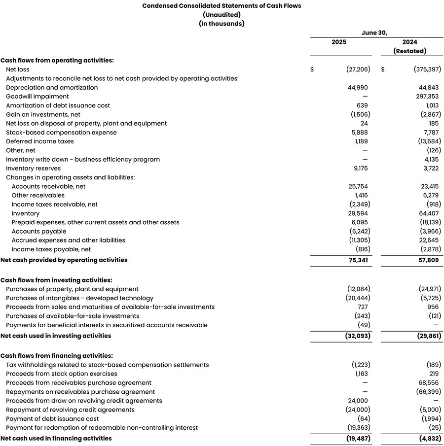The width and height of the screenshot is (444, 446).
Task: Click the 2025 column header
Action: tap(338, 42)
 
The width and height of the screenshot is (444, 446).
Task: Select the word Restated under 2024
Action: tap(409, 51)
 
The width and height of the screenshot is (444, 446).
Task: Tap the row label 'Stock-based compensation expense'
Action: tap(61, 133)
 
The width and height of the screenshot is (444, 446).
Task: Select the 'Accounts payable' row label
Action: tap(39, 231)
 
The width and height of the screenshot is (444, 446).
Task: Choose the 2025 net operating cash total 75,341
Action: tap(358, 260)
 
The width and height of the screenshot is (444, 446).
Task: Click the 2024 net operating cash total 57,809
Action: tap(429, 260)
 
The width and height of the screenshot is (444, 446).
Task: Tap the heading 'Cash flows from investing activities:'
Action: tap(56, 280)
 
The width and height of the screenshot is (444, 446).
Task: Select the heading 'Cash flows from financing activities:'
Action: tap(57, 355)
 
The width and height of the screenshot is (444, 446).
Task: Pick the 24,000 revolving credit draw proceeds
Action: tap(358, 401)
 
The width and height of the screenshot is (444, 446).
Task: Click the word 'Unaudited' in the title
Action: tap(222, 15)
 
